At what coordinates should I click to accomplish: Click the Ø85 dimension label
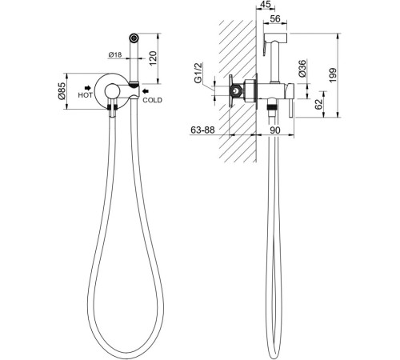tap(62, 91)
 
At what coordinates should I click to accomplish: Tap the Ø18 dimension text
tap(115, 55)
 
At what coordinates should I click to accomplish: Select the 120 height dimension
tap(153, 58)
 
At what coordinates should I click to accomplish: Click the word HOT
tap(85, 95)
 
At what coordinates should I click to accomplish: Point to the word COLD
tap(152, 100)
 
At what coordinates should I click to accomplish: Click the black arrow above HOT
tap(88, 88)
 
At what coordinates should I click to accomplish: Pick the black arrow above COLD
tap(146, 91)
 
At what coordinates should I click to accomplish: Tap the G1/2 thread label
tap(198, 73)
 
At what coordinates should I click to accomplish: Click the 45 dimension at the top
tap(265, 5)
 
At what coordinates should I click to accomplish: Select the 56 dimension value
tap(275, 18)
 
